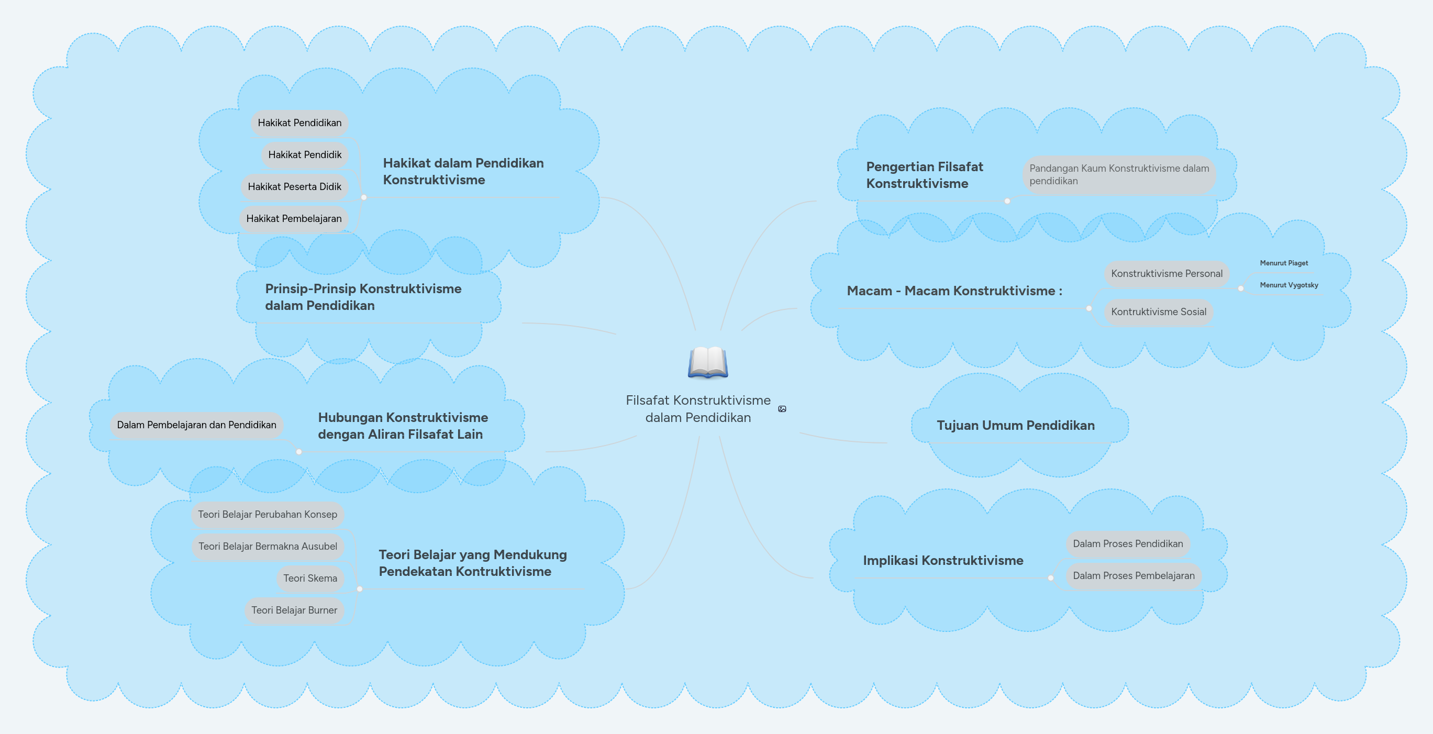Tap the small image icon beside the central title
tap(782, 409)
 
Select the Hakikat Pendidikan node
tap(299, 123)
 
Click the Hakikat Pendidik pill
tap(305, 154)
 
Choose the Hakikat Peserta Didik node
tap(294, 187)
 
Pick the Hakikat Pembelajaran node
tap(294, 218)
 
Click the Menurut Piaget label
tap(1284, 263)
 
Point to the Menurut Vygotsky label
tap(1289, 285)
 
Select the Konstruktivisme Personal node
tap(1167, 274)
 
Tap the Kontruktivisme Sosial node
tap(1159, 312)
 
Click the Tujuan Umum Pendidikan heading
tap(1015, 426)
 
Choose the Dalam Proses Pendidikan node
tap(1128, 544)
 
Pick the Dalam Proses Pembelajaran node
tap(1134, 575)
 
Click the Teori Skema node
tap(310, 579)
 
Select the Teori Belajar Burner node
tap(294, 610)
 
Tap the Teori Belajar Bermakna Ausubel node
tap(268, 547)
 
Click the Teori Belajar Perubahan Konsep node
tap(268, 514)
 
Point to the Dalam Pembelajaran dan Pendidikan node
tap(196, 425)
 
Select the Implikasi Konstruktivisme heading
tap(943, 561)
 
